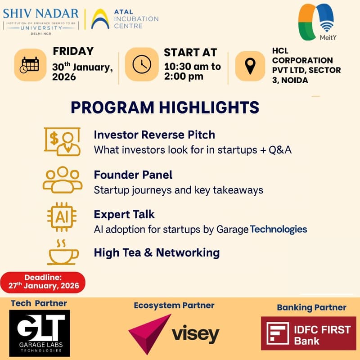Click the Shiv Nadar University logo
[x=41, y=18]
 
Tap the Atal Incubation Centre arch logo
[x=100, y=19]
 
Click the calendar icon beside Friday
[x=30, y=65]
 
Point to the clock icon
[x=141, y=66]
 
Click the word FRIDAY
[x=73, y=51]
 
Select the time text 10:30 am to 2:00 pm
[x=192, y=71]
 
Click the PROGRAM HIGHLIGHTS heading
[x=165, y=108]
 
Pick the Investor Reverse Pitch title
[x=154, y=135]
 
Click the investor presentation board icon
[x=62, y=141]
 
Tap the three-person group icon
[x=63, y=180]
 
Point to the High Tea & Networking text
[x=157, y=253]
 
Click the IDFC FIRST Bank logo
[x=308, y=333]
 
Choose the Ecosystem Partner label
[x=174, y=306]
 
